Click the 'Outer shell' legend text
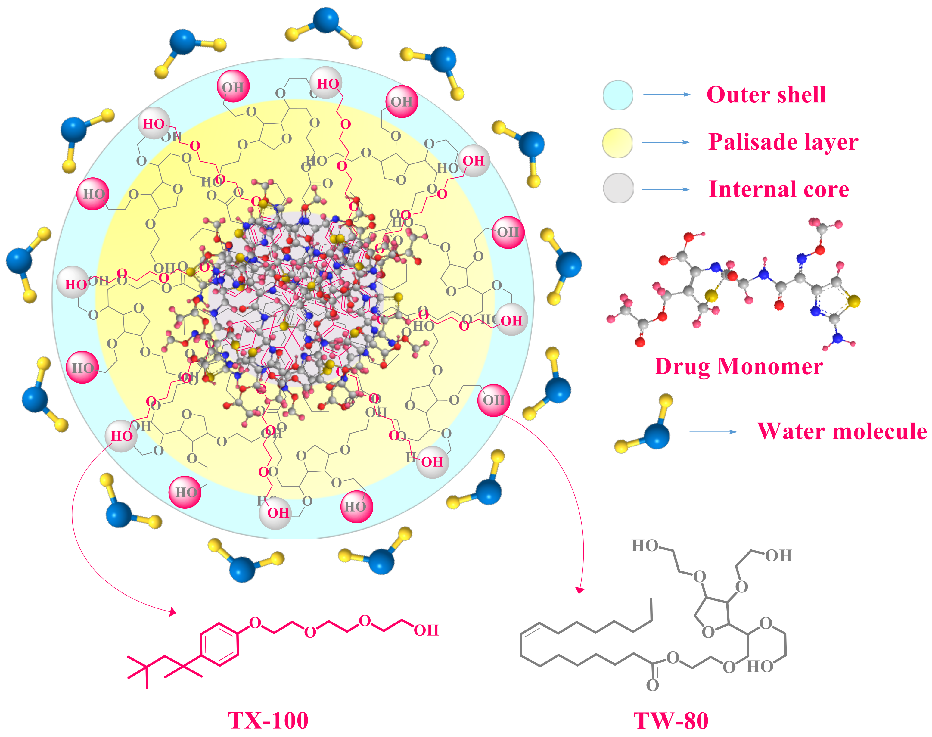pyautogui.click(x=766, y=95)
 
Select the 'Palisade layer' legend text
pyautogui.click(x=783, y=142)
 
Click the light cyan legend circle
pyautogui.click(x=618, y=95)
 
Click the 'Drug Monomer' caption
pyautogui.click(x=738, y=367)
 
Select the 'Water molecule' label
pyautogui.click(x=842, y=431)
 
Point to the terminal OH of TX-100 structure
pyautogui.click(x=426, y=630)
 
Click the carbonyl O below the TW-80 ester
pyautogui.click(x=652, y=685)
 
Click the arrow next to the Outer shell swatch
pyautogui.click(x=666, y=95)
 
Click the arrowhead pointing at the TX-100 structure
pyautogui.click(x=173, y=612)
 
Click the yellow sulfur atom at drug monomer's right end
pyautogui.click(x=853, y=301)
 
